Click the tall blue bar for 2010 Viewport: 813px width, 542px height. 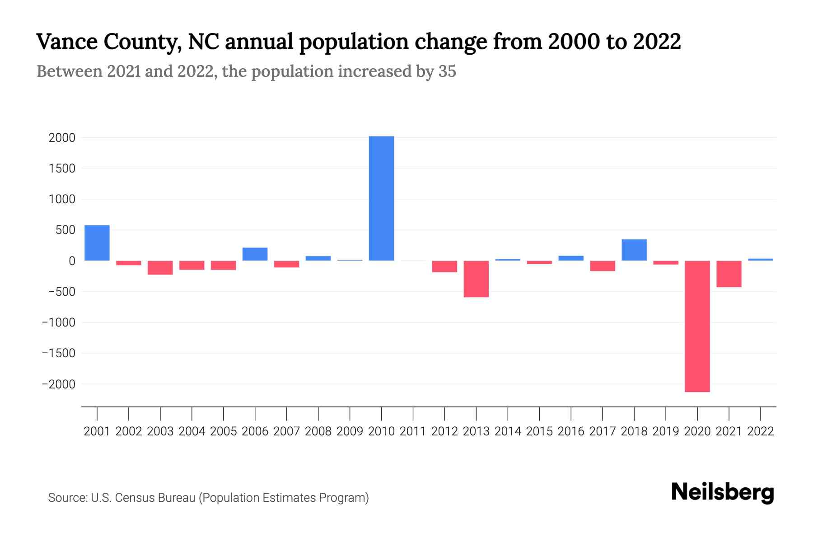pos(381,199)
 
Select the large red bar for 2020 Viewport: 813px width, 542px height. pos(697,326)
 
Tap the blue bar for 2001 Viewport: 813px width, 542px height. pos(97,243)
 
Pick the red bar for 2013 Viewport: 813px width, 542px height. pos(476,279)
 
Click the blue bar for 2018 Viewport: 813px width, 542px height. pos(634,250)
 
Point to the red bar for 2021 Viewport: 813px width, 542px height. pos(729,274)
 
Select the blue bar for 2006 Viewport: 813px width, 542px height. pos(255,254)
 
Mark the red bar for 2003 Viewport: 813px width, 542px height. pos(160,268)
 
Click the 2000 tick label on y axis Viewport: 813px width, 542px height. pos(62,138)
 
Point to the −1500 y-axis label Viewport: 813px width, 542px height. pos(59,353)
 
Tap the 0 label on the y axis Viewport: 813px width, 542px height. pos(71,261)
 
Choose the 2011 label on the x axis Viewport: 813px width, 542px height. pos(413,431)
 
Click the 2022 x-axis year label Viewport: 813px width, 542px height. pos(760,431)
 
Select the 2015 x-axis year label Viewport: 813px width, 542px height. pos(539,431)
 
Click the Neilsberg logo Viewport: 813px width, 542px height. pos(723,492)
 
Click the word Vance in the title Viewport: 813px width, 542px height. pos(67,42)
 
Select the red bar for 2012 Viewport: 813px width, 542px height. pos(444,266)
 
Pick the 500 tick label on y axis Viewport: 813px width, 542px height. pos(65,230)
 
